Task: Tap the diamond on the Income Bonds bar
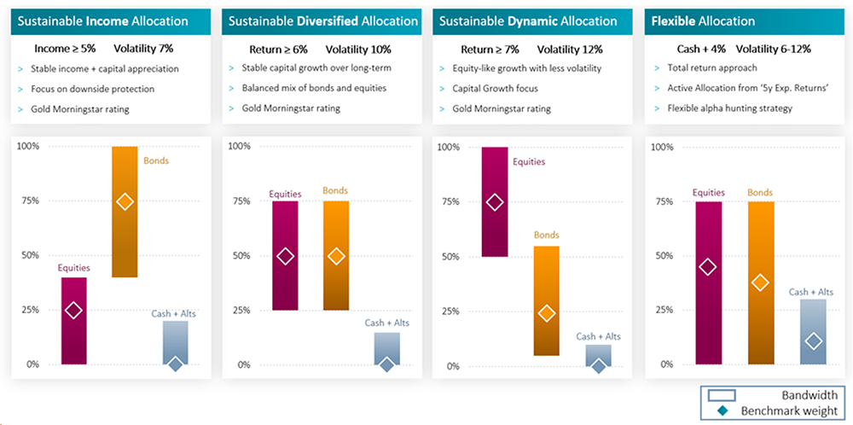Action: pos(125,201)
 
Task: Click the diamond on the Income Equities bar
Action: pos(73,311)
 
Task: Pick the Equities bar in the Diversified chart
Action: pos(285,256)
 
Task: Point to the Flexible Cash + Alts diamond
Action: pos(813,341)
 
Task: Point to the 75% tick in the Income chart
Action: pos(29,201)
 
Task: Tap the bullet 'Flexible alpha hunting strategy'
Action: pos(730,108)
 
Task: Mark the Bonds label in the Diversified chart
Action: pos(334,191)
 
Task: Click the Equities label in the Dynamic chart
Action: pos(528,161)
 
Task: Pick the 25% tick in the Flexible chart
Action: pos(662,310)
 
